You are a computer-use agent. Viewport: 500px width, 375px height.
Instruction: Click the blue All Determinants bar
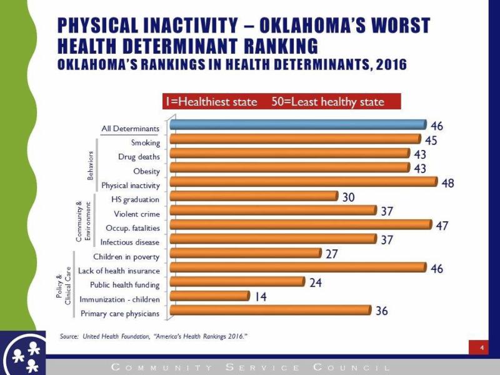(297, 125)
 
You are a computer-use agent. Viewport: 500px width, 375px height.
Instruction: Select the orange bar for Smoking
(295, 139)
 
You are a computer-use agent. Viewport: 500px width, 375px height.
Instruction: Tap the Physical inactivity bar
(303, 181)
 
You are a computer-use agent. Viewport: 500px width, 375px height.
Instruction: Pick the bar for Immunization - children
(209, 296)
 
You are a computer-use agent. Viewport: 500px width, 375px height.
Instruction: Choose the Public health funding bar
(237, 282)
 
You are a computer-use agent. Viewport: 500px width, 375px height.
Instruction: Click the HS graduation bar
(253, 196)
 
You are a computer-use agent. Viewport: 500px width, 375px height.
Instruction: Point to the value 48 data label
(447, 183)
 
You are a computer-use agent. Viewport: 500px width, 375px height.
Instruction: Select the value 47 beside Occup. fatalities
(441, 226)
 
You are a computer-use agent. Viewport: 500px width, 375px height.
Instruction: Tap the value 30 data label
(349, 197)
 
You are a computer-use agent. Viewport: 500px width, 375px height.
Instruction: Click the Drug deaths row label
(139, 157)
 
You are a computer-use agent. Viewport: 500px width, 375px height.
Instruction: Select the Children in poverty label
(126, 256)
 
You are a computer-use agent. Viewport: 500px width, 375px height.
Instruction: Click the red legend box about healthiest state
(281, 101)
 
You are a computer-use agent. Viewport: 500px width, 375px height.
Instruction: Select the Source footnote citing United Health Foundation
(153, 336)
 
